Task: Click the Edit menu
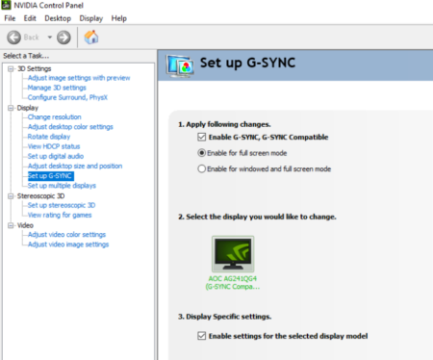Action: point(31,18)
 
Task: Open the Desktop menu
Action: point(58,18)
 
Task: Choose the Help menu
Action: point(119,18)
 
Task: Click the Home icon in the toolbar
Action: point(91,38)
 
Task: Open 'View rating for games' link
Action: point(61,215)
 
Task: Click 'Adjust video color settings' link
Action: point(67,235)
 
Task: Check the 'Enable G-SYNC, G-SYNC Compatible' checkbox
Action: point(201,138)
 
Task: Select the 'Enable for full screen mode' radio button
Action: point(201,153)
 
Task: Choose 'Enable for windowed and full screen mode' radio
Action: point(201,168)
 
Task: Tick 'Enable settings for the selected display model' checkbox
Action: point(201,335)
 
